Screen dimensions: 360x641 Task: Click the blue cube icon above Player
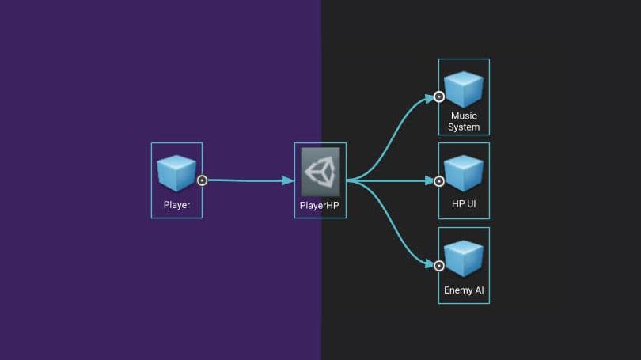point(176,172)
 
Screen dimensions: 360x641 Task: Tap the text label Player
point(176,205)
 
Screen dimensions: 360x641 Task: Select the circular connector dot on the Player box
point(202,180)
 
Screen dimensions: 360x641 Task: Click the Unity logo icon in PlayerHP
point(320,172)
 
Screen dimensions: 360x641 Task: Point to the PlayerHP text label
point(320,205)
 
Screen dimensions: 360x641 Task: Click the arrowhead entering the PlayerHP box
point(289,180)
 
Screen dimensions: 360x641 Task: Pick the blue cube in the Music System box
point(464,89)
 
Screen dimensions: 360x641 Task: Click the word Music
point(464,116)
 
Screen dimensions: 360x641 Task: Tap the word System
point(464,127)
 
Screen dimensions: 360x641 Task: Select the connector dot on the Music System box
point(439,97)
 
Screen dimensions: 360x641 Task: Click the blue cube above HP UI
point(464,173)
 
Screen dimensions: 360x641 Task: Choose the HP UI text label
point(464,205)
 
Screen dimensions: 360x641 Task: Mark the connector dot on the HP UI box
point(439,180)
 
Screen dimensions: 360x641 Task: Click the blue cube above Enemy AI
point(464,258)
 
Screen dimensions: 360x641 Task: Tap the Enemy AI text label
point(464,290)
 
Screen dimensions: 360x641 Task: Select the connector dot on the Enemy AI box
point(439,264)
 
